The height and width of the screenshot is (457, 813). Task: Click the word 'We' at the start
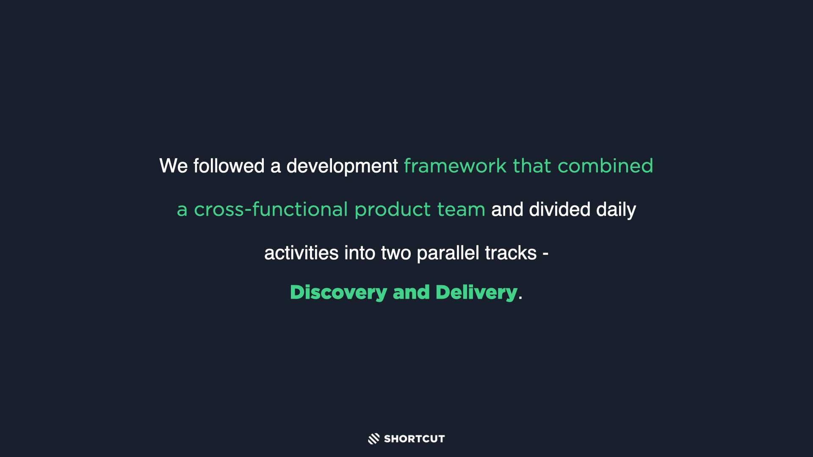pos(173,165)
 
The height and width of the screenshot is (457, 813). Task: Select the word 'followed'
pos(229,165)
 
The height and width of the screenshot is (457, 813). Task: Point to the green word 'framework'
pos(455,165)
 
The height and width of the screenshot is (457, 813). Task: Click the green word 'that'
pos(532,165)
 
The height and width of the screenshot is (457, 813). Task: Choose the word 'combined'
pos(606,165)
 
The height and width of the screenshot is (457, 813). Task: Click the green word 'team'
pos(461,209)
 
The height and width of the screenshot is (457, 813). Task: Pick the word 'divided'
pos(559,209)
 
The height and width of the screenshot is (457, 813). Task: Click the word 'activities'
pos(301,253)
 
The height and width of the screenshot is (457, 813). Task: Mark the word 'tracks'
pos(511,253)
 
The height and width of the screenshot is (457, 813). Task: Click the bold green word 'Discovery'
pos(338,293)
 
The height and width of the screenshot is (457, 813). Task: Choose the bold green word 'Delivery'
pos(476,293)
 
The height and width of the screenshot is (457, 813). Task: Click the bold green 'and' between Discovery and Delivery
pos(411,292)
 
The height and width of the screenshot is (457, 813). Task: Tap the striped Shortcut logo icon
pos(373,439)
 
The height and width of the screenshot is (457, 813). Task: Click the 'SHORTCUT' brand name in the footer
pos(414,439)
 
